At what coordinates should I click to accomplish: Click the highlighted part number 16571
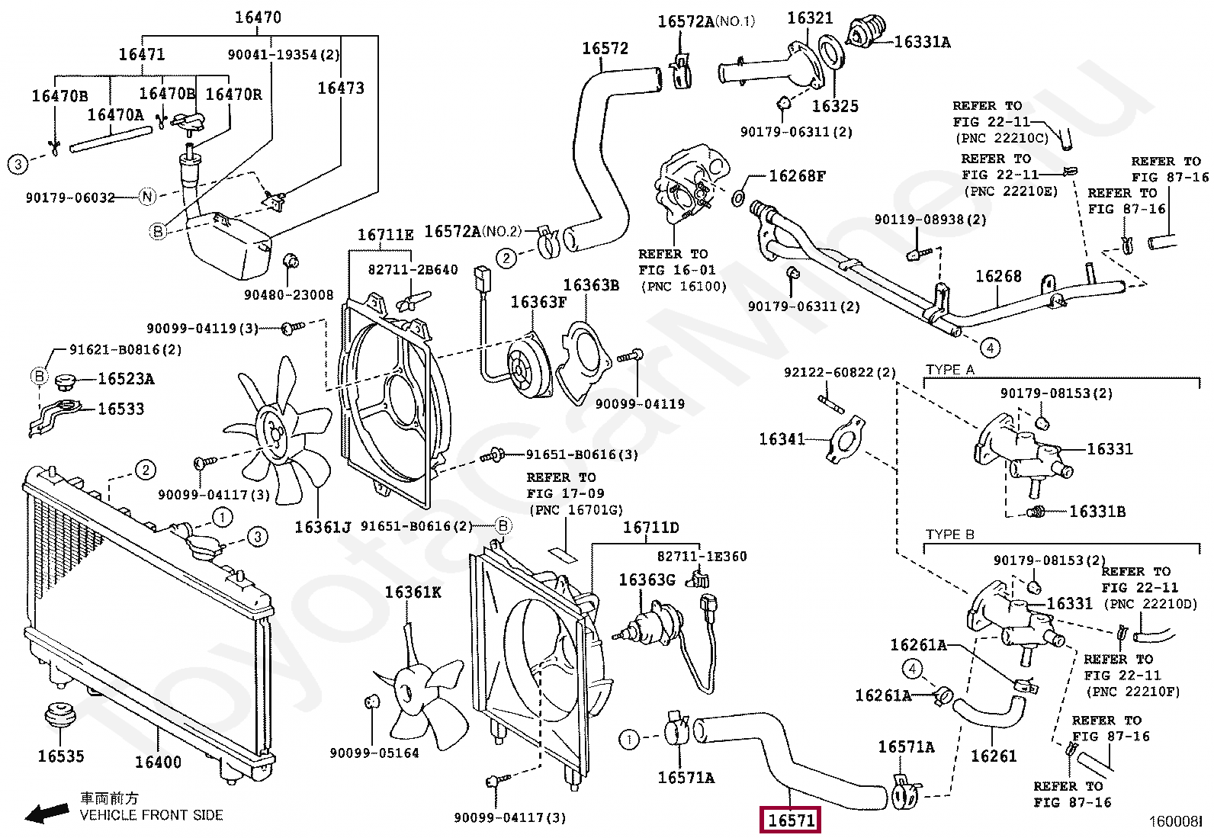(x=791, y=820)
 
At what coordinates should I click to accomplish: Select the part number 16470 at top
(x=258, y=17)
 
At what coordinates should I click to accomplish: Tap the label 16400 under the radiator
(x=158, y=762)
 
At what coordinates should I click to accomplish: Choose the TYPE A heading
(x=949, y=370)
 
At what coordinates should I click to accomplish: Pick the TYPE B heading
(x=949, y=535)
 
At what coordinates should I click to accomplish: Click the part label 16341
(x=782, y=439)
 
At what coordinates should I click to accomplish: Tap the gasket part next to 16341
(x=845, y=439)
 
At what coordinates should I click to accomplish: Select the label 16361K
(x=413, y=592)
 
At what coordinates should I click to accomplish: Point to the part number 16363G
(x=647, y=580)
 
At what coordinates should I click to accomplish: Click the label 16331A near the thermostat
(x=922, y=43)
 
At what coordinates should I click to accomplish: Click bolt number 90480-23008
(x=288, y=295)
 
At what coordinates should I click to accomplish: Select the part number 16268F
(x=797, y=176)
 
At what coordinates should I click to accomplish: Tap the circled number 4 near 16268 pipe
(x=990, y=348)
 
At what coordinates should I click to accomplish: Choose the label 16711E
(x=385, y=235)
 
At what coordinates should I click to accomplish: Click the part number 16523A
(x=126, y=379)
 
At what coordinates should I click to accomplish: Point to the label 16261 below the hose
(x=993, y=756)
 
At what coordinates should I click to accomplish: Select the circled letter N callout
(x=148, y=197)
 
